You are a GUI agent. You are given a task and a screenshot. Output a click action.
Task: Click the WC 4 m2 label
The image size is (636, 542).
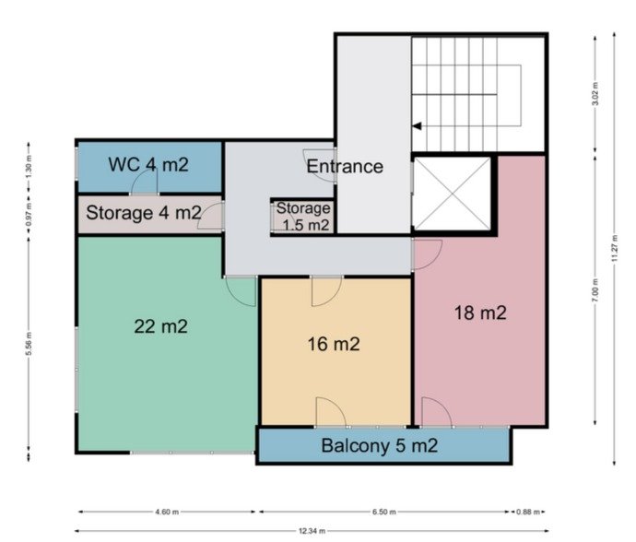pyautogui.click(x=148, y=165)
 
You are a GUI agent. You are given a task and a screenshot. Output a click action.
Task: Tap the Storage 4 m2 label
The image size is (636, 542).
pyautogui.click(x=144, y=213)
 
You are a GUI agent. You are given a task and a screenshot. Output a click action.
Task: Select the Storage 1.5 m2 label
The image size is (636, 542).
pyautogui.click(x=304, y=217)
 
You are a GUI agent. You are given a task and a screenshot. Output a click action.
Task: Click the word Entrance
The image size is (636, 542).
pyautogui.click(x=345, y=167)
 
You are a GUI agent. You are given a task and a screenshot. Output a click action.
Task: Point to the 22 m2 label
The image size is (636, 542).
pyautogui.click(x=161, y=326)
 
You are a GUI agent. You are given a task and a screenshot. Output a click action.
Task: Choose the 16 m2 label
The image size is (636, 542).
pyautogui.click(x=334, y=344)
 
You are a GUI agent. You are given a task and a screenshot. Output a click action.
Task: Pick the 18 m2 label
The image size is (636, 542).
pyautogui.click(x=480, y=312)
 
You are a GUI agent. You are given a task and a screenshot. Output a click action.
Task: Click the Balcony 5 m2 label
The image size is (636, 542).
pyautogui.click(x=380, y=445)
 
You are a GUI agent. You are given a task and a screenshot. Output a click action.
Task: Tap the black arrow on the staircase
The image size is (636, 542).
pyautogui.click(x=417, y=126)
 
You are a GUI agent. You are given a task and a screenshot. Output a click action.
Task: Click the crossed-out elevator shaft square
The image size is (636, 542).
pyautogui.click(x=451, y=194)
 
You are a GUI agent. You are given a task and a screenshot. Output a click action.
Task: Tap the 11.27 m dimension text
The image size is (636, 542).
pyautogui.click(x=615, y=247)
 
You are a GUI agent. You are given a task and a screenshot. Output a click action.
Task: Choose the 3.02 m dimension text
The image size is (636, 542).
pyautogui.click(x=595, y=94)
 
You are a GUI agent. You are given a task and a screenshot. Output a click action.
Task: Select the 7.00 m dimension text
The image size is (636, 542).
pyautogui.click(x=595, y=290)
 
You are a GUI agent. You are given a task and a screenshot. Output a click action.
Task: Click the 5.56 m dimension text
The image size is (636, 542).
pyautogui.click(x=29, y=344)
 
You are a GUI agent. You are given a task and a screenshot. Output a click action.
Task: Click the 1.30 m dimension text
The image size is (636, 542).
pyautogui.click(x=29, y=167)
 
